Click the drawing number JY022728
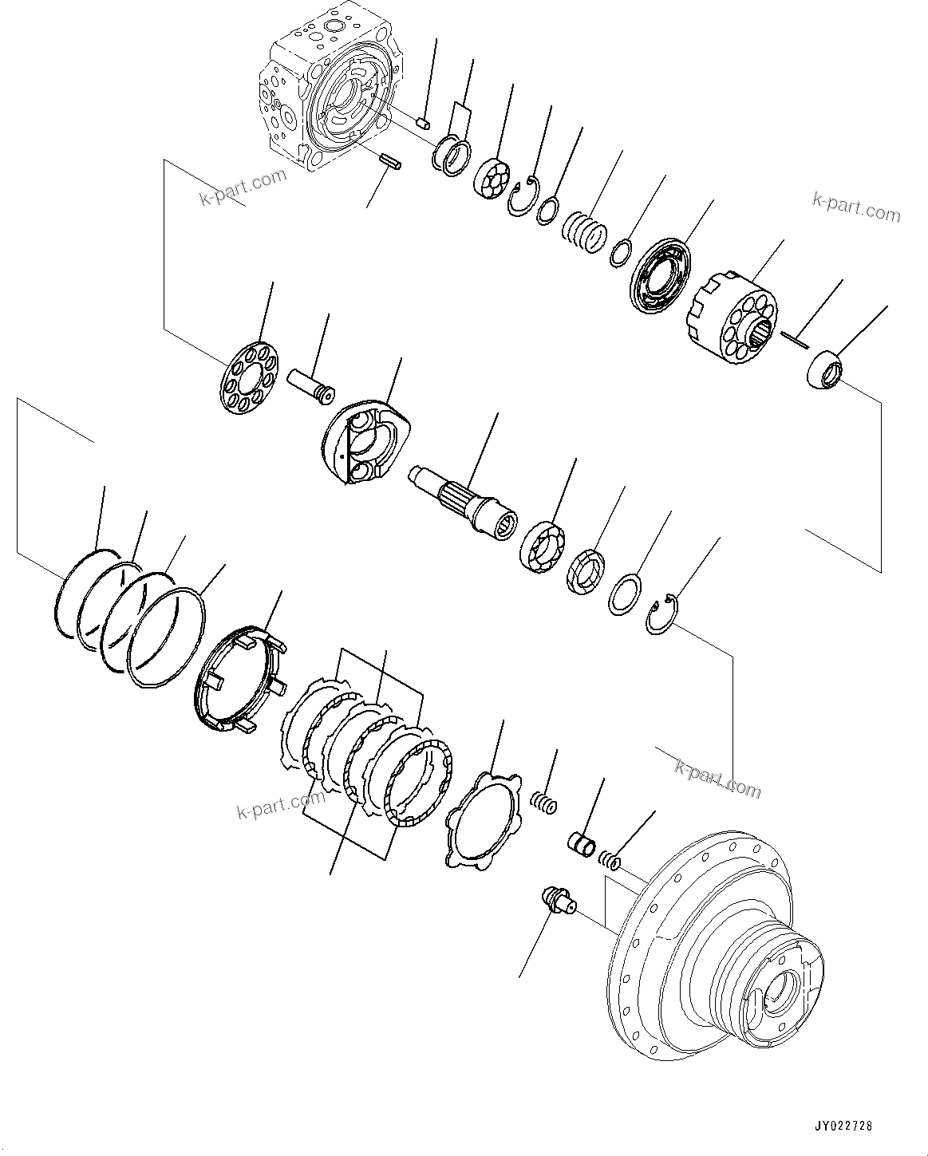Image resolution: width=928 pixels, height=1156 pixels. (x=843, y=1126)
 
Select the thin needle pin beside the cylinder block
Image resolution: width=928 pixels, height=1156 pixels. (x=796, y=340)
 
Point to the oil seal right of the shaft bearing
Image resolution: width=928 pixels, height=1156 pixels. (x=587, y=571)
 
